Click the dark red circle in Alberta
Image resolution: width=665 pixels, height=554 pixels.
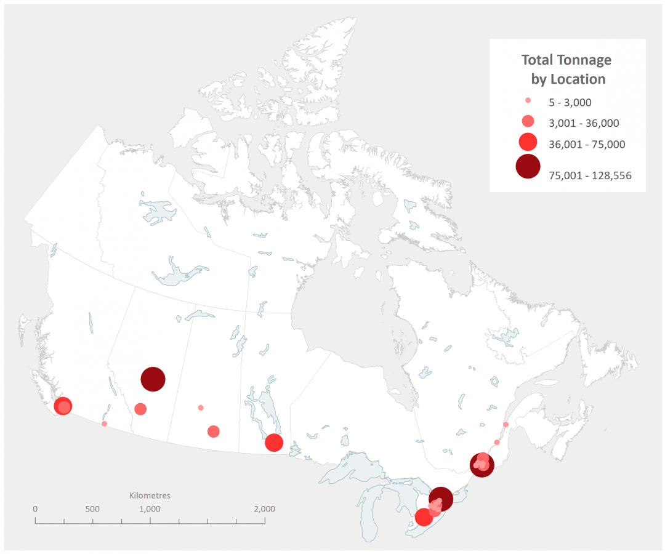pyautogui.click(x=153, y=379)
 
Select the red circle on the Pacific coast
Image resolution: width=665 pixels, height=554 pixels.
pyautogui.click(x=63, y=406)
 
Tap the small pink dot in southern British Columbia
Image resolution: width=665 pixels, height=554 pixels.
pyautogui.click(x=104, y=424)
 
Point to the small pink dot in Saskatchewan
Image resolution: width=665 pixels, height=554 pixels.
pyautogui.click(x=201, y=407)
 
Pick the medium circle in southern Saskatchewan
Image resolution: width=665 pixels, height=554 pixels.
pyautogui.click(x=214, y=431)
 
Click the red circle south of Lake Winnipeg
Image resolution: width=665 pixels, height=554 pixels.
pyautogui.click(x=273, y=442)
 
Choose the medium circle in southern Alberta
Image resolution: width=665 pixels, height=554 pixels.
pyautogui.click(x=140, y=409)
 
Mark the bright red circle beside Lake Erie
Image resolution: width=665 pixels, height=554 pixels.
pyautogui.click(x=424, y=517)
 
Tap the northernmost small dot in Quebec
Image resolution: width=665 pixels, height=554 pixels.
pyautogui.click(x=506, y=424)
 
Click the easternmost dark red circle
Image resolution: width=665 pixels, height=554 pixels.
pyautogui.click(x=482, y=465)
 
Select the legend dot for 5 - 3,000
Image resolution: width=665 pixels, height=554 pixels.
pyautogui.click(x=528, y=100)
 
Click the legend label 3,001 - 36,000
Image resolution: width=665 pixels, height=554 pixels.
pyautogui.click(x=583, y=123)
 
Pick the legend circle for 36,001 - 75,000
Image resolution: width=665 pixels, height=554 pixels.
pyautogui.click(x=528, y=142)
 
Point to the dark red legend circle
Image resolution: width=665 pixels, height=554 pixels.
pyautogui.click(x=528, y=166)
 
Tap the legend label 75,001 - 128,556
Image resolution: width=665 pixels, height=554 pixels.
pyautogui.click(x=589, y=176)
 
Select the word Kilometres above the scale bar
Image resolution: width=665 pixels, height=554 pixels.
pyautogui.click(x=150, y=495)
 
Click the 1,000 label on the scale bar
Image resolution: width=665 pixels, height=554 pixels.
pyautogui.click(x=150, y=509)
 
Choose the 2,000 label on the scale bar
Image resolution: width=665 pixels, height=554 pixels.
pyautogui.click(x=264, y=509)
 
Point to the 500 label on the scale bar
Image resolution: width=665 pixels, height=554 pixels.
pyautogui.click(x=92, y=509)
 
